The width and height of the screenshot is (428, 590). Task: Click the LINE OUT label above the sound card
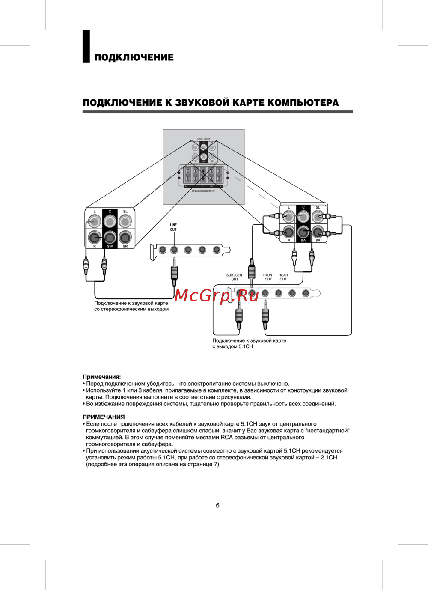coord(173,227)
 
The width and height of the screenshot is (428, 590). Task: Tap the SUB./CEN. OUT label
coord(235,277)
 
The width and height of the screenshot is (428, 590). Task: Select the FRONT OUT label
coord(268,277)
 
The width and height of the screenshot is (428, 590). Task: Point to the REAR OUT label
coord(283,277)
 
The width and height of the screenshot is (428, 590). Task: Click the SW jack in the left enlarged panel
coord(110,237)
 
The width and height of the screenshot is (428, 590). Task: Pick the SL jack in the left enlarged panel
coord(125,221)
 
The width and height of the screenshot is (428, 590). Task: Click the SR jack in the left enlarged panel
coord(125,237)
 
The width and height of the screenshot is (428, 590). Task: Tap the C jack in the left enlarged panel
coord(110,221)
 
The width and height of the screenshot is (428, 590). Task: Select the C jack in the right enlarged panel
coord(303,217)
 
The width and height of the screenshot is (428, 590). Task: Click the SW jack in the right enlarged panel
coord(303,232)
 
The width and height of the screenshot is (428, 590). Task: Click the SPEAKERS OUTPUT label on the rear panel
coord(203,191)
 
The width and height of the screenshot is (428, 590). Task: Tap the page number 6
coord(217,505)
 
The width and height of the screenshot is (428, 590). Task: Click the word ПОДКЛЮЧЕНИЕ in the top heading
coord(134,57)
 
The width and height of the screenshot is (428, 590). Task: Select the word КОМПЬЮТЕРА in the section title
coord(303,103)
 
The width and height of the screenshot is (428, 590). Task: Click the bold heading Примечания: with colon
coord(102,377)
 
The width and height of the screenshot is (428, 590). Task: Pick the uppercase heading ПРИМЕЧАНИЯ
coord(104,417)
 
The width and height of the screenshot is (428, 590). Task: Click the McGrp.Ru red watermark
coord(217,295)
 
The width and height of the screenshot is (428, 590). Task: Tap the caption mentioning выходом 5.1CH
coord(249,343)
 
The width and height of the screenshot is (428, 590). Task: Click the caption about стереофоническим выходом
coord(131,306)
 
